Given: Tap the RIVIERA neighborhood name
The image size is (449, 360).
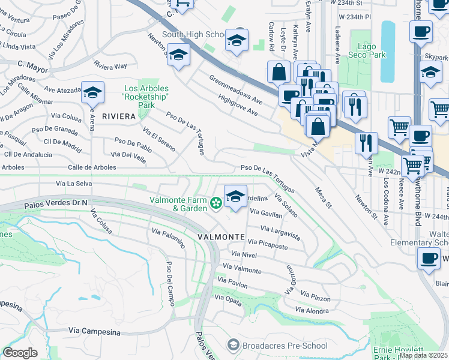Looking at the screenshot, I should [119, 116].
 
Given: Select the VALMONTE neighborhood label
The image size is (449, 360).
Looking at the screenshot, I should [220, 237].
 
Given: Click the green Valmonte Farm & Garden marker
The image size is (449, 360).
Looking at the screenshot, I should [215, 204].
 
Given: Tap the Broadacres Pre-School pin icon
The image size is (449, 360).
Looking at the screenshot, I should [233, 345].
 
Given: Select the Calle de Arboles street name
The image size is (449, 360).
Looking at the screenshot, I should [92, 167].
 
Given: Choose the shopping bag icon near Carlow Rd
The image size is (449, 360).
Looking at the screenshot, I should [279, 72].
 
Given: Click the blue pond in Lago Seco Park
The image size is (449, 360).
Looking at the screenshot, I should [388, 51].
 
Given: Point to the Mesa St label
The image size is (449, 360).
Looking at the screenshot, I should [323, 197].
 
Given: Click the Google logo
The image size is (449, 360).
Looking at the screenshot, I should [20, 352].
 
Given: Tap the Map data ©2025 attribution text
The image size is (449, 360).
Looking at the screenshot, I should [424, 355].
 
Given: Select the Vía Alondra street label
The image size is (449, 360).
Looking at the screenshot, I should [312, 310].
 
